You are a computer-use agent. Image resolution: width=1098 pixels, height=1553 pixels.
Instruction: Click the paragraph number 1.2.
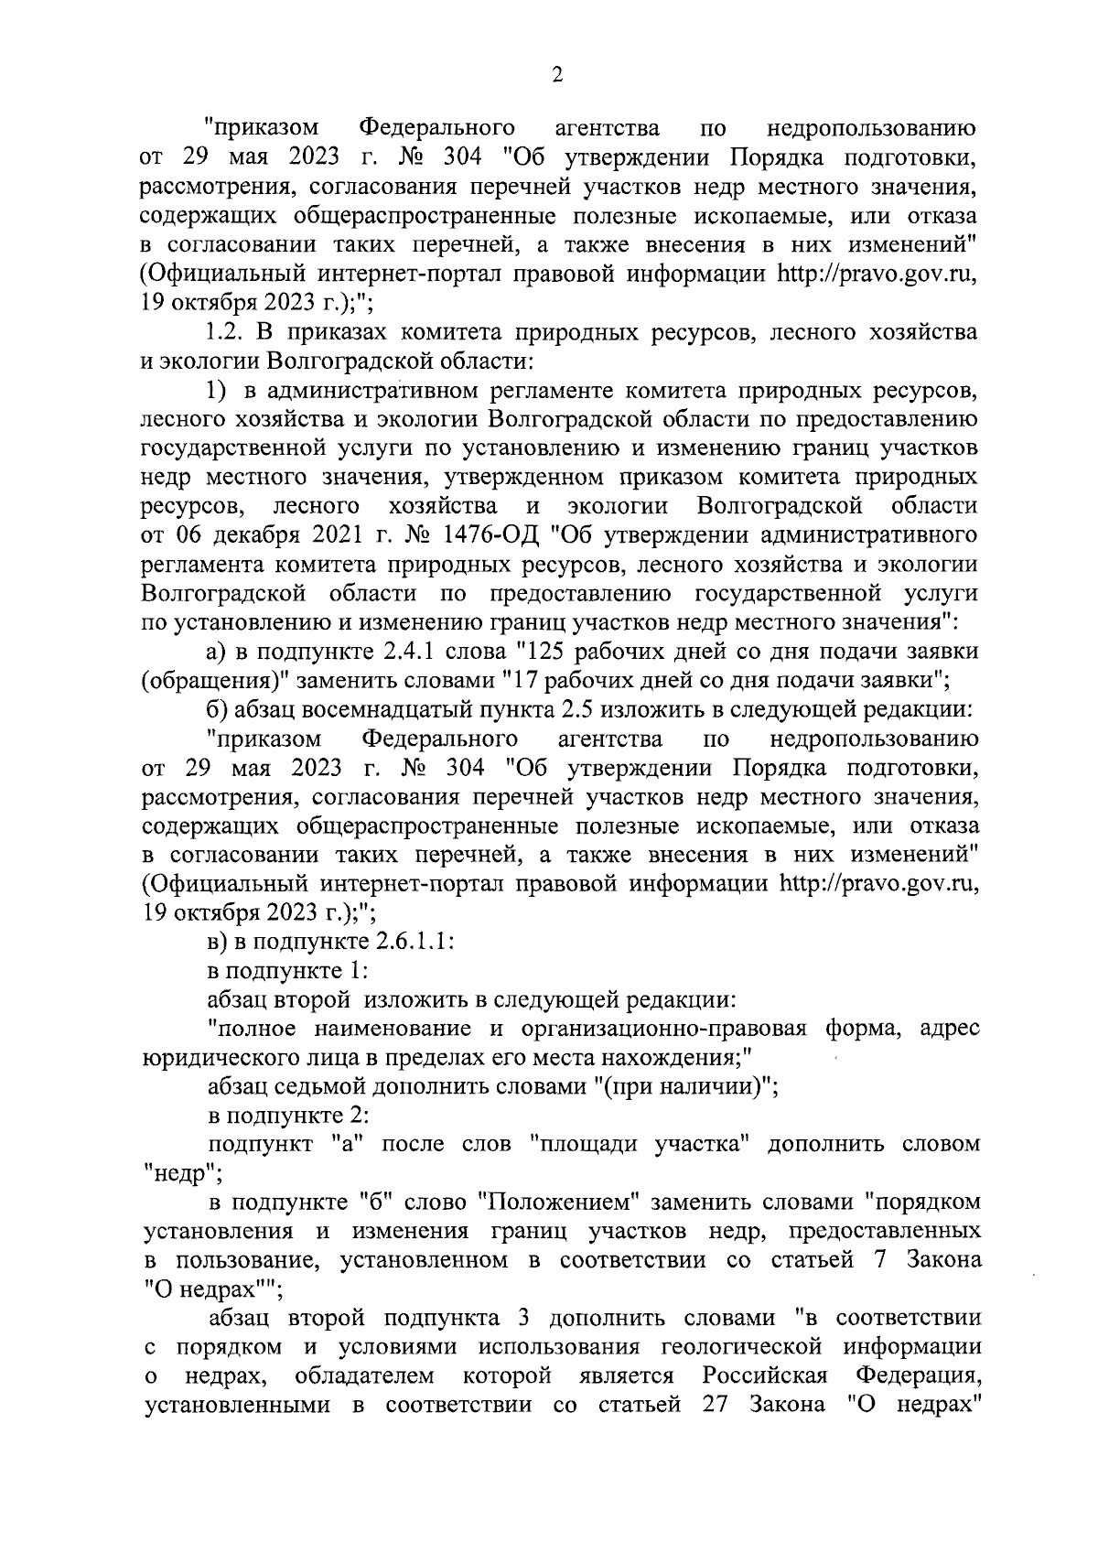click(223, 333)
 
